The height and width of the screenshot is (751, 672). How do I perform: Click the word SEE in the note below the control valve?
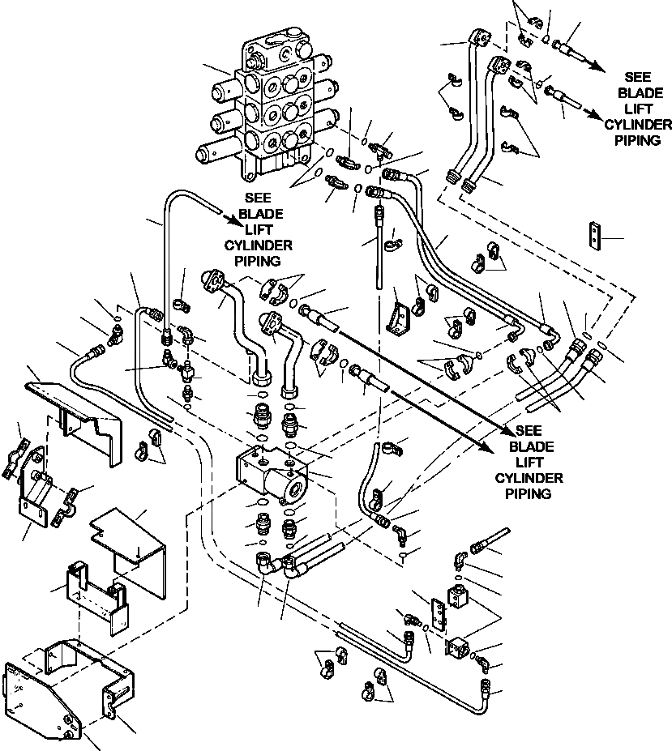tap(258, 198)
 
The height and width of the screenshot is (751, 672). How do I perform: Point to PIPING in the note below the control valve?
tap(258, 261)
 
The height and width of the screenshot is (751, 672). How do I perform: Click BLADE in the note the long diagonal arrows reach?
tap(531, 446)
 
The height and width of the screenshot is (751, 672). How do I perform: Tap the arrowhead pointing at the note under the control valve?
tap(236, 221)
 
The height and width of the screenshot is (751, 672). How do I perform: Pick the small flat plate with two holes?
tap(595, 235)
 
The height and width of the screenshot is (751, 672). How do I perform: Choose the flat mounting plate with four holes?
tap(438, 613)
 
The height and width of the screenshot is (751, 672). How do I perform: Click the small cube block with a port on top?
tap(459, 595)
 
